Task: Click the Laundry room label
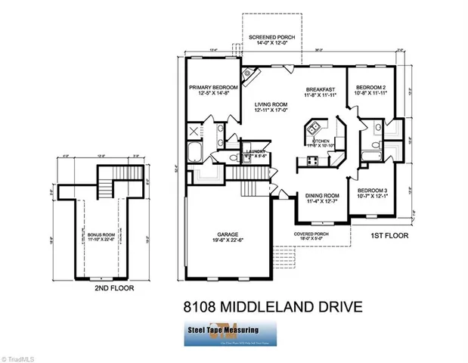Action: [x=256, y=154]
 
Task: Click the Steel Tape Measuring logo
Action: [x=233, y=333]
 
